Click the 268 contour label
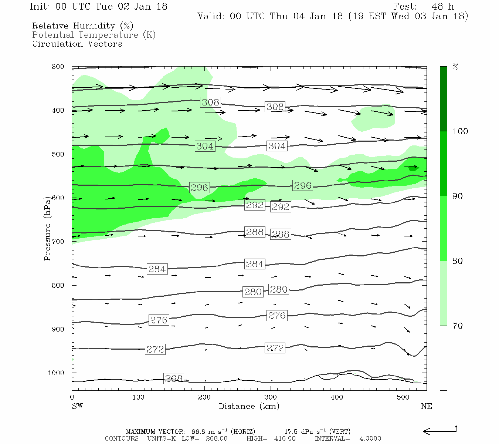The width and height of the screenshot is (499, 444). tap(174, 379)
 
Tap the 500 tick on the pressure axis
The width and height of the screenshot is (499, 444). tap(58, 154)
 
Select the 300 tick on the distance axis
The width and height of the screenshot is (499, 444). tap(271, 397)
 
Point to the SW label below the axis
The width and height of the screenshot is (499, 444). tap(77, 406)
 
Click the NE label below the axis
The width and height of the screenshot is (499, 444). tap(426, 406)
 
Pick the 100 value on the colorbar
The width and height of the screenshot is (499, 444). tap(460, 131)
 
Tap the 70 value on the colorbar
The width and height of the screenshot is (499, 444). tap(458, 326)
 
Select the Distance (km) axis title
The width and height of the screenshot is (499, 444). tap(249, 406)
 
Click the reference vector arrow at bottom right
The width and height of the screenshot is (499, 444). tap(439, 431)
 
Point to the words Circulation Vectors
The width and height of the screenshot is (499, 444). tap(77, 44)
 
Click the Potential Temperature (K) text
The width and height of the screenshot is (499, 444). tap(94, 35)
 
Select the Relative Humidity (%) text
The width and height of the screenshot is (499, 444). tap(83, 26)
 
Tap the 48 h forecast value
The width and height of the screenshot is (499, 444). tap(442, 7)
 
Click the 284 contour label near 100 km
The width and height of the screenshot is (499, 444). tap(157, 269)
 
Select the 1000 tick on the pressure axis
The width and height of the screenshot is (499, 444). tap(56, 373)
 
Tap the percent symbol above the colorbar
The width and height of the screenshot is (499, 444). tap(455, 67)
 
